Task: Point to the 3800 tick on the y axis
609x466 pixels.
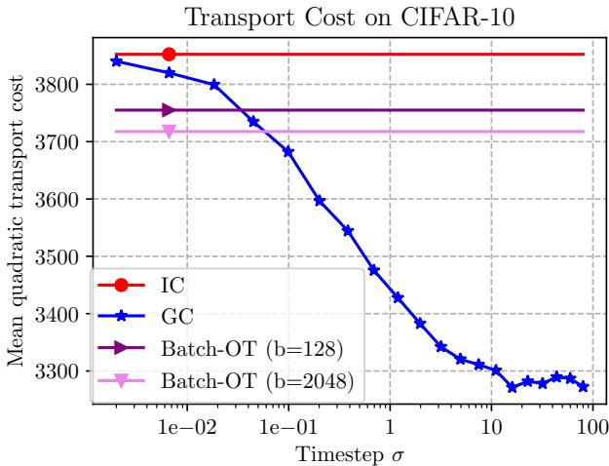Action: click(x=63, y=85)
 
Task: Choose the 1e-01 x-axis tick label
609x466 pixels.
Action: click(x=288, y=425)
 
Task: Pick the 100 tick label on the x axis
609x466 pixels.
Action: click(x=591, y=425)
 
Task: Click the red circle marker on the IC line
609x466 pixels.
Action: click(x=169, y=54)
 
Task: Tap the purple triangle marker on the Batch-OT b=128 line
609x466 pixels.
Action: click(x=169, y=110)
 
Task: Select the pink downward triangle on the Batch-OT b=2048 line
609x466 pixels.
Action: click(x=169, y=132)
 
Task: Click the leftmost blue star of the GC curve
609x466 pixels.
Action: click(x=117, y=60)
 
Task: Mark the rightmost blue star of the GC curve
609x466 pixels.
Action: click(x=583, y=387)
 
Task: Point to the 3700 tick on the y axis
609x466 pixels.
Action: click(x=63, y=142)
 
